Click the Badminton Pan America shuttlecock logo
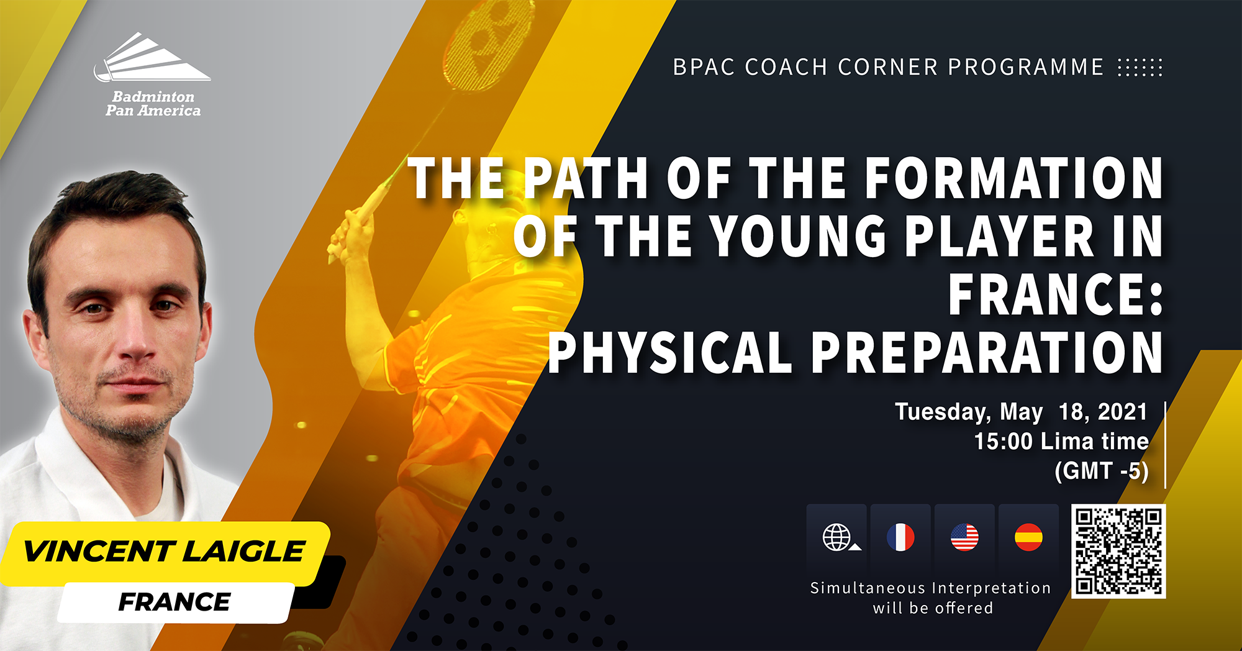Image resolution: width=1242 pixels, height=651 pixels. tap(152, 57)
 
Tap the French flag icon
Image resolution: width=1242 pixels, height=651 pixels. tap(900, 537)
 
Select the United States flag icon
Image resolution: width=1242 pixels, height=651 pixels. tap(964, 537)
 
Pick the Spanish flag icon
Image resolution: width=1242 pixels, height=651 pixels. tap(1028, 537)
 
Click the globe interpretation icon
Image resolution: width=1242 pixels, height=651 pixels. tap(838, 537)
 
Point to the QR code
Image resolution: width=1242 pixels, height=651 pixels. tap(1118, 552)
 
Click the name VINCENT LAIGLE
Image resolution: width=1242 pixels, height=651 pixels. tap(164, 552)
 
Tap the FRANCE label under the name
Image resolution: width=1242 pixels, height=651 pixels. tap(175, 602)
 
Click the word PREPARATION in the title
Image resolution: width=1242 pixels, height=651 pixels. tap(987, 352)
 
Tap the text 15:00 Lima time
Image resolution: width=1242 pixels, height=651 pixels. tap(1061, 442)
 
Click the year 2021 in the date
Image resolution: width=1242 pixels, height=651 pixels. tap(1123, 412)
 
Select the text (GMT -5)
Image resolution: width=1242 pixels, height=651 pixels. tap(1102, 471)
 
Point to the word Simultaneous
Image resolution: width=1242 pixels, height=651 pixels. tap(868, 588)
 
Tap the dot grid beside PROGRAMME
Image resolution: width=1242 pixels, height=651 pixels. tap(1140, 67)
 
